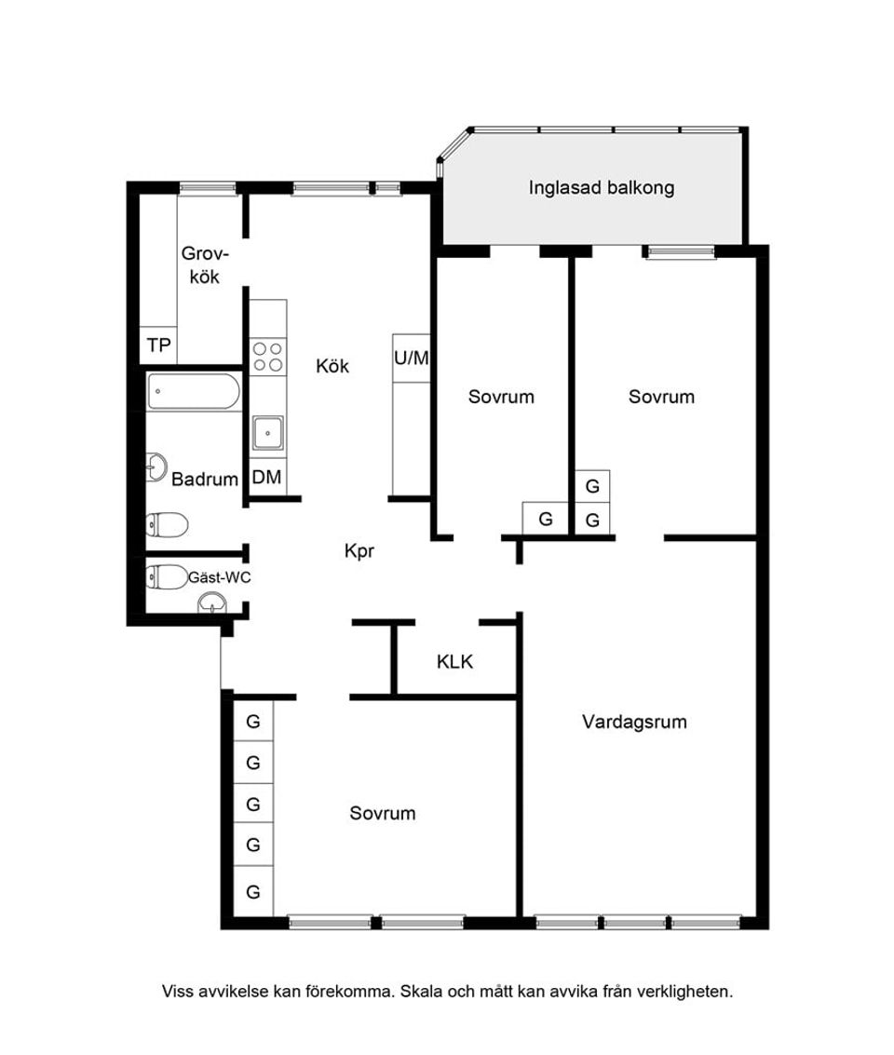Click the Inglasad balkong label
tap(601, 188)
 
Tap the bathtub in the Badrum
tap(194, 392)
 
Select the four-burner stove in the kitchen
tap(267, 357)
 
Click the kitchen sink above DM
tap(267, 433)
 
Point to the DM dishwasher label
tap(267, 477)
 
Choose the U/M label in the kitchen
tap(411, 358)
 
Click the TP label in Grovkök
tap(158, 345)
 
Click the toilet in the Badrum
tap(167, 525)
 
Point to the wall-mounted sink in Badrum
tap(156, 467)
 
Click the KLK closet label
tap(454, 662)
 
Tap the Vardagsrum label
tap(634, 723)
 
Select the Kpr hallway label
tap(359, 552)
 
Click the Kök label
tap(332, 366)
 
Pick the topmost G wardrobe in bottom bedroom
tap(253, 722)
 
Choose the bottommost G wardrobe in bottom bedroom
tap(253, 891)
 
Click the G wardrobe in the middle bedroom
tap(546, 519)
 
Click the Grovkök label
tap(205, 265)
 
